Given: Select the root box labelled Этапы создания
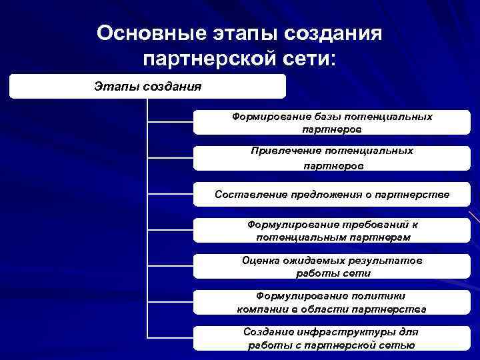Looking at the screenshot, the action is [147, 86].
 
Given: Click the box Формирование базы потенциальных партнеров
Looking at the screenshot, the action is [332, 123].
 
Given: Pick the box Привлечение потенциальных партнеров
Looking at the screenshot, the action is [332, 159].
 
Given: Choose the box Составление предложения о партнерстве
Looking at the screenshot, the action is [332, 195].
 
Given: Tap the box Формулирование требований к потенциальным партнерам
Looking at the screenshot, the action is [332, 231].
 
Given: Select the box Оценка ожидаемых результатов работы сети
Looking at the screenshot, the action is [332, 267].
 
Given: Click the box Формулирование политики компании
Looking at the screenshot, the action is [332, 302].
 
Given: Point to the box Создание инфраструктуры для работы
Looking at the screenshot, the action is [332, 338].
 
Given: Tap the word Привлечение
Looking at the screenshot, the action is [279, 151].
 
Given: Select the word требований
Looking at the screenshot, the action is [371, 225].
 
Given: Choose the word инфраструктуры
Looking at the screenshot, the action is [341, 332].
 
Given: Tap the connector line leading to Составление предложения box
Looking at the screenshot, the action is [170, 195].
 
